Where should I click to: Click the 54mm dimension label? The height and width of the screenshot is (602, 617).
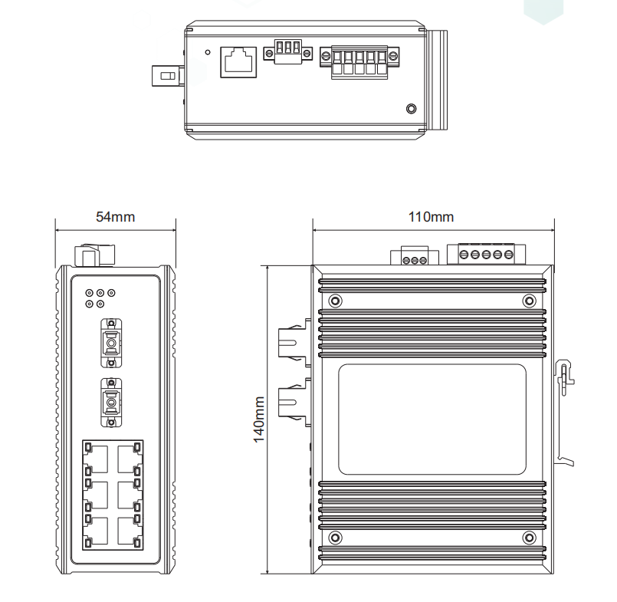pyautogui.click(x=115, y=217)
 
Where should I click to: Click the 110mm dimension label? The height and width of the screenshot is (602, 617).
pyautogui.click(x=431, y=217)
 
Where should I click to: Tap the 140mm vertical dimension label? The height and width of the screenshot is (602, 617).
pyautogui.click(x=259, y=419)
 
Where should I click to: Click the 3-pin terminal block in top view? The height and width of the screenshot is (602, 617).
pyautogui.click(x=287, y=52)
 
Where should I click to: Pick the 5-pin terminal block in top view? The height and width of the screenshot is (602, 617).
pyautogui.click(x=359, y=60)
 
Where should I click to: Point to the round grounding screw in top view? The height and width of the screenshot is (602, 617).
pyautogui.click(x=411, y=109)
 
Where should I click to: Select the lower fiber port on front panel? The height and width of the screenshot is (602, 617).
pyautogui.click(x=111, y=401)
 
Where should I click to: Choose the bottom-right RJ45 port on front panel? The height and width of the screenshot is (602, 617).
pyautogui.click(x=129, y=531)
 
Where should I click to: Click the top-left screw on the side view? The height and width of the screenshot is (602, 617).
pyautogui.click(x=334, y=301)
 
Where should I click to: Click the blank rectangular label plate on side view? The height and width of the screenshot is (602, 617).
pyautogui.click(x=432, y=420)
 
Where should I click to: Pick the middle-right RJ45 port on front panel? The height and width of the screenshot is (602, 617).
pyautogui.click(x=129, y=495)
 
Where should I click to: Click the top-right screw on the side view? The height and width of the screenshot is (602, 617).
pyautogui.click(x=527, y=301)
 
